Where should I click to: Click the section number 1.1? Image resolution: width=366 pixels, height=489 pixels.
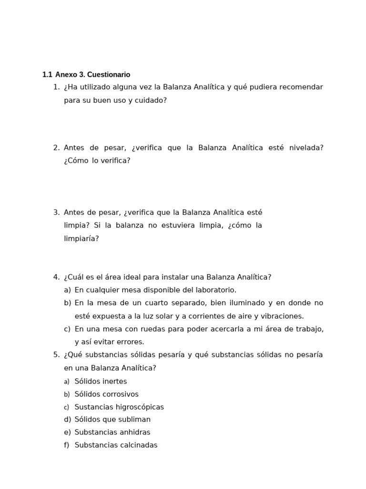coord(47,74)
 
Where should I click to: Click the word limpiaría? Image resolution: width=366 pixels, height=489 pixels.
coord(81,238)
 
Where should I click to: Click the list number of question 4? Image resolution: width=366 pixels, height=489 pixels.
coord(56,277)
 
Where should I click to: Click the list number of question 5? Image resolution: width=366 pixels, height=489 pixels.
coord(56,355)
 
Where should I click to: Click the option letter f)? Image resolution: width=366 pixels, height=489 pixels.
coord(66,445)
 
